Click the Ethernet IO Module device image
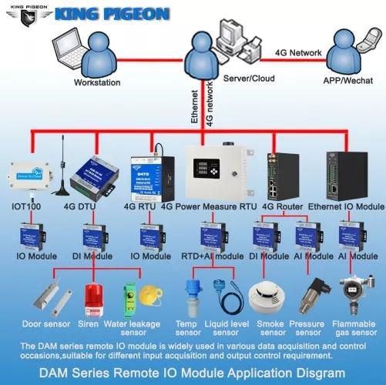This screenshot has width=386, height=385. click(x=345, y=173)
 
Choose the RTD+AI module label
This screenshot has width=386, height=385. click(x=212, y=256)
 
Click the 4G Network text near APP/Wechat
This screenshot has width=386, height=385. click(x=297, y=52)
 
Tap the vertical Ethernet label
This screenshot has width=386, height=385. click(x=194, y=107)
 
